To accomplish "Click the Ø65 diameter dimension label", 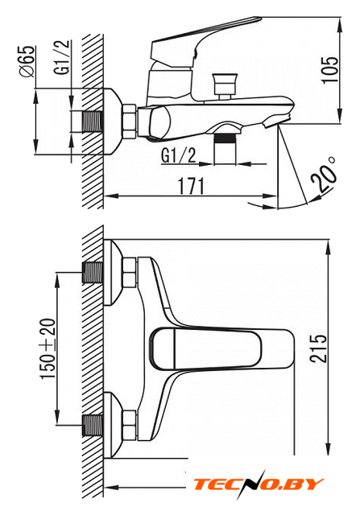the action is pyautogui.click(x=27, y=61).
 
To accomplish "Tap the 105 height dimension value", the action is pyautogui.click(x=329, y=70).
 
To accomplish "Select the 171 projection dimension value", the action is pyautogui.click(x=191, y=186).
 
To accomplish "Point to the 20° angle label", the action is pyautogui.click(x=325, y=175).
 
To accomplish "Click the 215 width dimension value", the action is pyautogui.click(x=319, y=348).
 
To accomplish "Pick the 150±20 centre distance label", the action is pyautogui.click(x=48, y=348).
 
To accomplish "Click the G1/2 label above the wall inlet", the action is pyautogui.click(x=62, y=57).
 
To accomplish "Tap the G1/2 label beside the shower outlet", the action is pyautogui.click(x=179, y=155).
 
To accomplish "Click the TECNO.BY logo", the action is pyautogui.click(x=259, y=484).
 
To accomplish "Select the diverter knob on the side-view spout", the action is pyautogui.click(x=225, y=86).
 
